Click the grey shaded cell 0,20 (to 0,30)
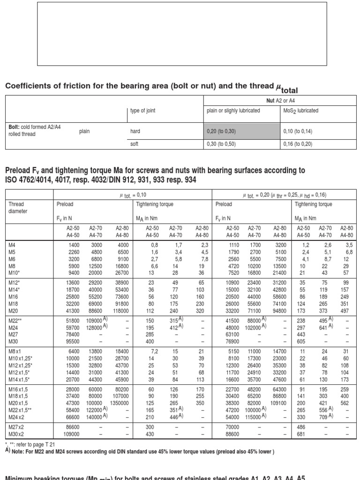tap(242, 132)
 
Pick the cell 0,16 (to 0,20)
tap(298, 144)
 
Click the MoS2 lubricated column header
tap(301, 111)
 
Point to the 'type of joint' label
tap(142, 111)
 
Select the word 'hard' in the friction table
tap(135, 132)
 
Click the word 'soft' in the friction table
tap(135, 144)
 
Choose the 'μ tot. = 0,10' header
tap(133, 195)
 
